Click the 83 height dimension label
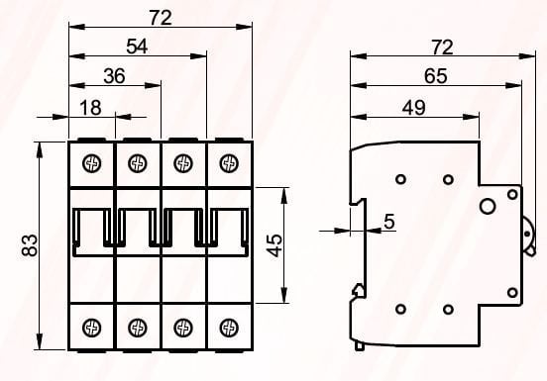click(x=30, y=245)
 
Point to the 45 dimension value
click(x=275, y=245)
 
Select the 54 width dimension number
click(x=137, y=46)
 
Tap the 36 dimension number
click(x=114, y=75)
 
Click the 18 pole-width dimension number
click(x=91, y=107)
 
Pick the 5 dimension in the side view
click(x=389, y=222)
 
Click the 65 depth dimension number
click(x=436, y=75)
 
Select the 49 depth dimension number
click(x=414, y=107)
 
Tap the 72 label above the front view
click(x=161, y=18)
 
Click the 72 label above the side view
click(x=442, y=48)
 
